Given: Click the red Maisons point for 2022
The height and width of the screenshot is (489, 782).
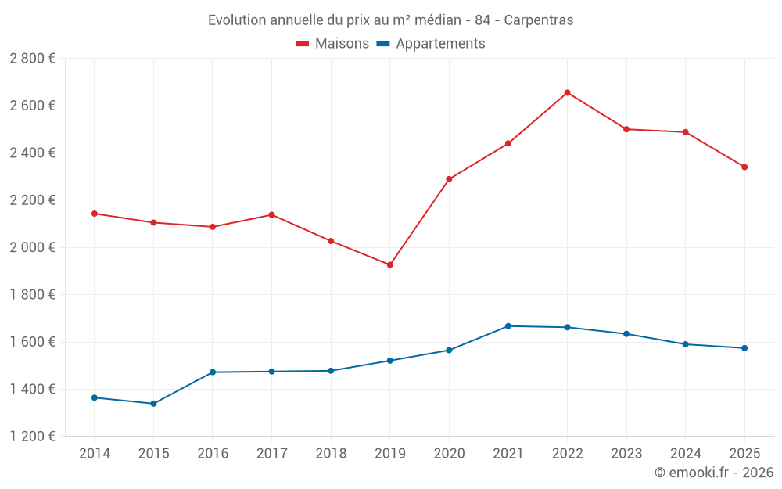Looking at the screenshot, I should click(x=567, y=92).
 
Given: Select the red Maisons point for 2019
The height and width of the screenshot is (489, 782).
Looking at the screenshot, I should click(x=389, y=264).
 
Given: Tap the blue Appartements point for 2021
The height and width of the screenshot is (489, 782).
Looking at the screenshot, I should click(x=508, y=325).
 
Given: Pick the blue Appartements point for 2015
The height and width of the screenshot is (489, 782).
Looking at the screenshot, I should click(x=153, y=404).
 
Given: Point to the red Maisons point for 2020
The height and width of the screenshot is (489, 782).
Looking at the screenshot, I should click(x=449, y=179).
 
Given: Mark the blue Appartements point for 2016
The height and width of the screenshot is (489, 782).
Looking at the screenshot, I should click(x=212, y=372).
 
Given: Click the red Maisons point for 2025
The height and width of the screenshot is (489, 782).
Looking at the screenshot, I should click(x=744, y=167).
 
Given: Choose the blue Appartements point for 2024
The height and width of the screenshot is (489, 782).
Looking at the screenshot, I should click(x=685, y=344).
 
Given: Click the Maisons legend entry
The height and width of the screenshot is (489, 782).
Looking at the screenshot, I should click(x=332, y=44).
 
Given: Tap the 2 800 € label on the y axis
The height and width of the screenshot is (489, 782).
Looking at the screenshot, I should click(x=32, y=58).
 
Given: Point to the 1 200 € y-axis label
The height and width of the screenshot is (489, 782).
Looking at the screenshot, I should click(x=32, y=437).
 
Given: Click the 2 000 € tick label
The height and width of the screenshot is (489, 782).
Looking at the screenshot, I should click(x=32, y=247).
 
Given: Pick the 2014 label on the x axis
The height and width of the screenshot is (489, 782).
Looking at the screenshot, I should click(x=94, y=453).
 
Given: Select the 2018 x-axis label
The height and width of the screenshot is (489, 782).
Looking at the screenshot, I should click(x=331, y=453).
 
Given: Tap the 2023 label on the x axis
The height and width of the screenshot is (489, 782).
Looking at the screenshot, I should click(x=626, y=453).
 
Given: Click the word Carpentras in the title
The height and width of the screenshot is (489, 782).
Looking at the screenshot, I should click(x=539, y=20).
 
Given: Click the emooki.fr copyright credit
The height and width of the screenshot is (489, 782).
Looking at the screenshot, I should click(x=714, y=473).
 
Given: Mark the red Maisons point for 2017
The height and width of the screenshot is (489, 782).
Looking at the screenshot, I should click(x=271, y=214).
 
